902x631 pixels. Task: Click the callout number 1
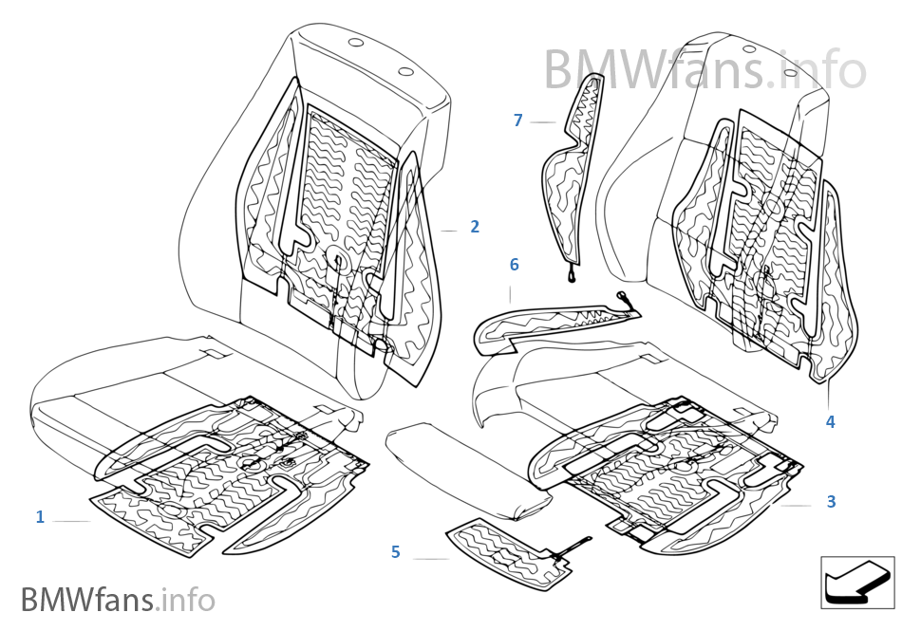(40, 517)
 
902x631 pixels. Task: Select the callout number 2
(475, 227)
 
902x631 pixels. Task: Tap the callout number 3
(831, 501)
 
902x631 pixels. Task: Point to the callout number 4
(830, 421)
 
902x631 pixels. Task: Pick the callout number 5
(396, 551)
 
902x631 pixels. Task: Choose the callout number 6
(514, 265)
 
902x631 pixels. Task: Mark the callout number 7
(517, 121)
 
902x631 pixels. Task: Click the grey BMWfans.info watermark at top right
(705, 68)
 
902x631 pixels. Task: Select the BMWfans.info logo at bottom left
(118, 600)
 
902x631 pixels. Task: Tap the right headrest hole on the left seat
(405, 71)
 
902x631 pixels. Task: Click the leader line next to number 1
(72, 521)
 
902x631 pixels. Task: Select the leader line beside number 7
(542, 122)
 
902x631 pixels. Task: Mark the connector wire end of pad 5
(586, 542)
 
